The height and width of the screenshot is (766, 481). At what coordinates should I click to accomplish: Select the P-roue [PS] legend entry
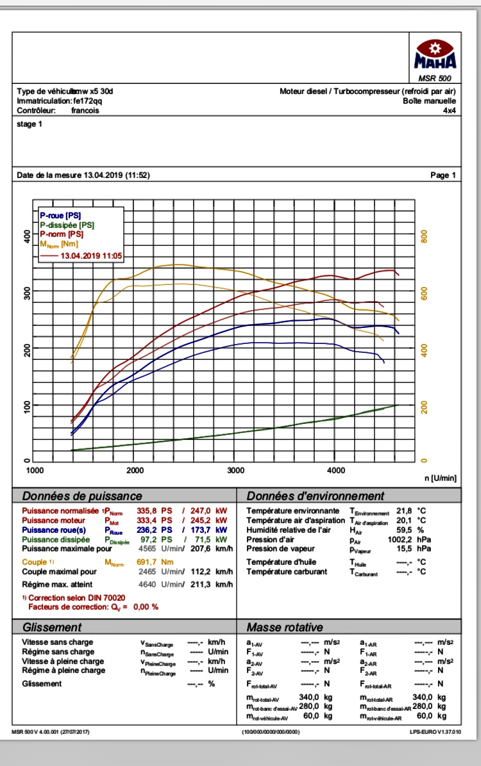click(60, 216)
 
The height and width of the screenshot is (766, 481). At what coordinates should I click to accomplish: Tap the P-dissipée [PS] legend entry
click(67, 225)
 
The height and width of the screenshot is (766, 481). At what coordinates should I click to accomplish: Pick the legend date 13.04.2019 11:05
click(90, 255)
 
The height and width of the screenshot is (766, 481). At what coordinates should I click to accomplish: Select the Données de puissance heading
click(82, 496)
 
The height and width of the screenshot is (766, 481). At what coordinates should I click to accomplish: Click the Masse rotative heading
click(285, 627)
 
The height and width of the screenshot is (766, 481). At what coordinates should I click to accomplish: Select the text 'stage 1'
click(30, 124)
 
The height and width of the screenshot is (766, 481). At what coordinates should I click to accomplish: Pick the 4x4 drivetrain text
click(449, 110)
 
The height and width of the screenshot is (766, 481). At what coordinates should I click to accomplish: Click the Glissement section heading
click(52, 627)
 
